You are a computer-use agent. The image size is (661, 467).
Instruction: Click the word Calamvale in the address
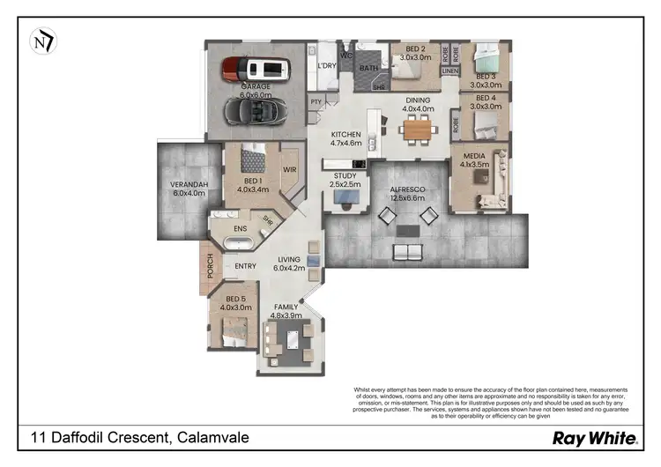point(213,438)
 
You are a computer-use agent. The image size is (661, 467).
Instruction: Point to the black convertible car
point(256,111)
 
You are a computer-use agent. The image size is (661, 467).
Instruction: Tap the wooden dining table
point(418,130)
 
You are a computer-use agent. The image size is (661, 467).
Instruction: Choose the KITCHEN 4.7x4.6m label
point(345,138)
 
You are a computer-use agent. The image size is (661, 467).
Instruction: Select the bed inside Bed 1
point(253,159)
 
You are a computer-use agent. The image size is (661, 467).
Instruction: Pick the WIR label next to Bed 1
point(289,169)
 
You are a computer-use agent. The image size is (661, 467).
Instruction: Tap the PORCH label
point(210,268)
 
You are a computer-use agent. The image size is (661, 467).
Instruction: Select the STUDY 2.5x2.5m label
point(344,180)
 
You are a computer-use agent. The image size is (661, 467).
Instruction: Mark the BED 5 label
point(234,303)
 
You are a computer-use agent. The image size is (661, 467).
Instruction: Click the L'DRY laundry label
point(327,65)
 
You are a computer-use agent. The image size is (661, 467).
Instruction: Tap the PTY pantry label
point(315,103)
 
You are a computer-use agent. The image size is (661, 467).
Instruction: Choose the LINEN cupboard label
point(450,70)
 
